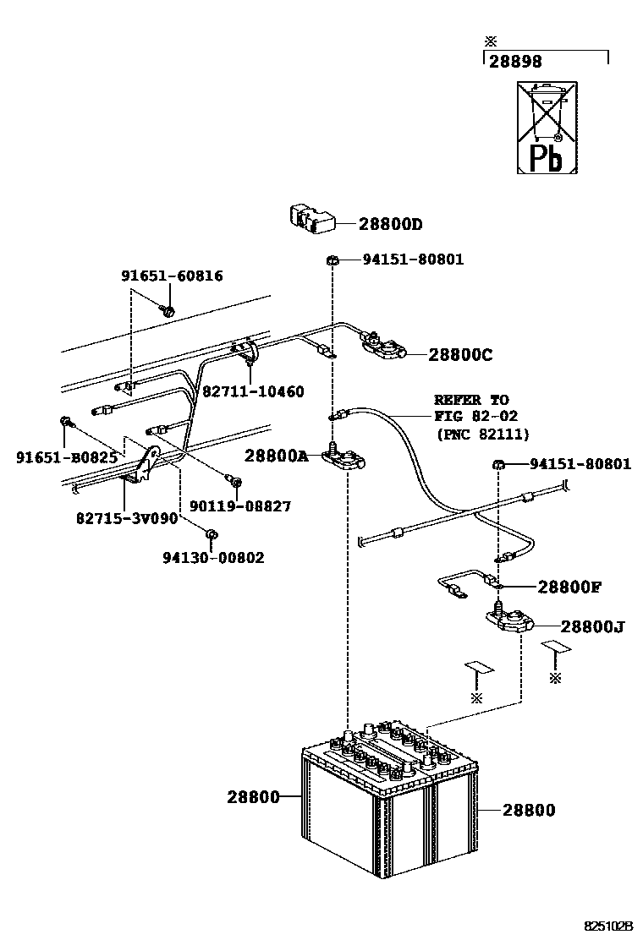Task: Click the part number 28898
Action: (x=515, y=61)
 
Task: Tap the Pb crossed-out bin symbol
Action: (x=547, y=128)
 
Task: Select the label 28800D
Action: (x=391, y=224)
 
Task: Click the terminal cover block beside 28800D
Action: (x=311, y=220)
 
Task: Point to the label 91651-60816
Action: (x=172, y=276)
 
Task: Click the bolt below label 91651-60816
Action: (x=168, y=310)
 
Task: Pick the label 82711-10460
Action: (x=253, y=391)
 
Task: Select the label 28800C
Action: (x=460, y=355)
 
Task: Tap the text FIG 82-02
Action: (x=476, y=416)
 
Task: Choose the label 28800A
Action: (x=276, y=456)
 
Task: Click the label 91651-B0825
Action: (x=67, y=458)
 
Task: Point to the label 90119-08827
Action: (x=240, y=506)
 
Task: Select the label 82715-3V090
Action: (x=127, y=517)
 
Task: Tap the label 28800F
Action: (x=569, y=587)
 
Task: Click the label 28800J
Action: (x=592, y=627)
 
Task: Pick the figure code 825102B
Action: (x=609, y=926)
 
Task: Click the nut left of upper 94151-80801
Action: (x=331, y=260)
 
